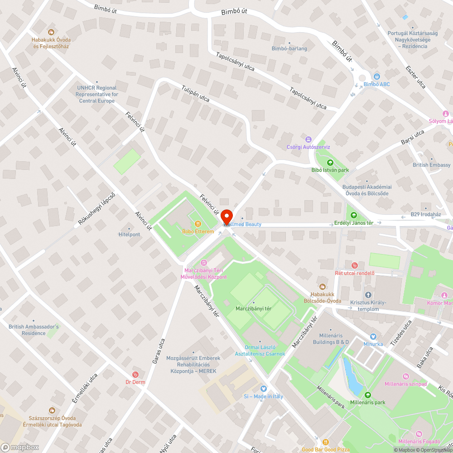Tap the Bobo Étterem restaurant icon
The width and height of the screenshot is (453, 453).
click(198, 224)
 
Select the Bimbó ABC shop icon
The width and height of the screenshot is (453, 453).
click(377, 77)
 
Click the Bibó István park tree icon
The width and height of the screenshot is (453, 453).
click(330, 163)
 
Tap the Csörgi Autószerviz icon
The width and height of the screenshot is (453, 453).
click(308, 140)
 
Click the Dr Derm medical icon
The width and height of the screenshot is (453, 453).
click(135, 374)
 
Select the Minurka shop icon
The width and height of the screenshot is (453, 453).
click(373, 337)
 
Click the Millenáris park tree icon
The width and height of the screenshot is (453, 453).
click(367, 395)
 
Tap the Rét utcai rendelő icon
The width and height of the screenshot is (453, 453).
click(355, 265)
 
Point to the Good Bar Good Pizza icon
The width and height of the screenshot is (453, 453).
click(325, 442)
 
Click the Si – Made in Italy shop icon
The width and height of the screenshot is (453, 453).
click(263, 389)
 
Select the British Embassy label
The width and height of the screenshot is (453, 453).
click(431, 165)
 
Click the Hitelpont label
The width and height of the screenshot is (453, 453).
click(129, 234)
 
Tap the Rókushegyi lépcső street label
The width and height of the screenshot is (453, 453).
click(97, 209)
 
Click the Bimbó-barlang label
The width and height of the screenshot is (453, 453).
click(289, 48)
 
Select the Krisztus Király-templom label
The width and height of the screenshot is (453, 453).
click(368, 305)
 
